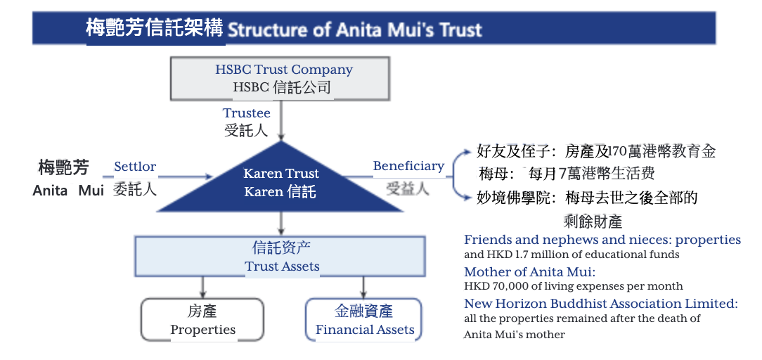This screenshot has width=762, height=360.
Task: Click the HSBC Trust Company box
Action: pyautogui.click(x=280, y=79)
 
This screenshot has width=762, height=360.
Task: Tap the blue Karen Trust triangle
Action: pyautogui.click(x=280, y=182)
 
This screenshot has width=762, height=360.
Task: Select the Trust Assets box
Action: pyautogui.click(x=280, y=256)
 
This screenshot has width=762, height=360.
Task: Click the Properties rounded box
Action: pyautogui.click(x=202, y=320)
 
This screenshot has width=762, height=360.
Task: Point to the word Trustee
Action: pyautogui.click(x=247, y=113)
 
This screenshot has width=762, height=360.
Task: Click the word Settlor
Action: pyautogui.click(x=135, y=167)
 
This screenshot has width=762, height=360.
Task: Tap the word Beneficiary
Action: pyautogui.click(x=408, y=166)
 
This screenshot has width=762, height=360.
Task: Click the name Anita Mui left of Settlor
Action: pyautogui.click(x=68, y=191)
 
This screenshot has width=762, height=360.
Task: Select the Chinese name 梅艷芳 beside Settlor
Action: pyautogui.click(x=64, y=167)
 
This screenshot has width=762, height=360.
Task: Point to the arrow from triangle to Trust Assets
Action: pyautogui.click(x=280, y=224)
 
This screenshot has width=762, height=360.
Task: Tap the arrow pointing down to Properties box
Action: pyautogui.click(x=203, y=287)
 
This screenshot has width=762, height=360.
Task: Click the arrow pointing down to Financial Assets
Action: pyautogui.click(x=363, y=287)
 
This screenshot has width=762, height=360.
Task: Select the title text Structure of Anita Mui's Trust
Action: pyautogui.click(x=355, y=30)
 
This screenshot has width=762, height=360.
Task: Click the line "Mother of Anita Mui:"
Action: pyautogui.click(x=530, y=272)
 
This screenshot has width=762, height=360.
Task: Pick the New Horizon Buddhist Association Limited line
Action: pyautogui.click(x=601, y=304)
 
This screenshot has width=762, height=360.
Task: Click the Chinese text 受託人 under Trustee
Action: pyautogui.click(x=246, y=130)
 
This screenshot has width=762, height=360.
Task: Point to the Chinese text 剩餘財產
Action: pyautogui.click(x=593, y=222)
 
